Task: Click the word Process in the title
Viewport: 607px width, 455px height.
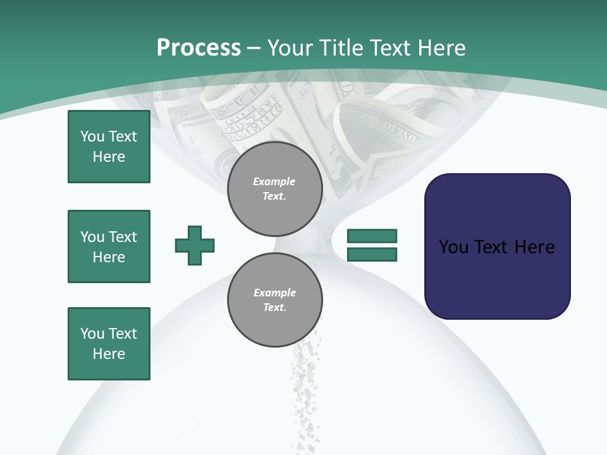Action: (199, 48)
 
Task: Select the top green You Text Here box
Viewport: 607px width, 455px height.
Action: (109, 147)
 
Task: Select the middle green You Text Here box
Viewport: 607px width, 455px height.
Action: (109, 246)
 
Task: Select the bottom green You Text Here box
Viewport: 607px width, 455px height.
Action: (109, 344)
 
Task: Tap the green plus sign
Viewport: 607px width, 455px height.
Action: (195, 245)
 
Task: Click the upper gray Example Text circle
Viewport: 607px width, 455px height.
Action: (274, 189)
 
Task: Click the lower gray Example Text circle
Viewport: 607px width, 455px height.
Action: (274, 300)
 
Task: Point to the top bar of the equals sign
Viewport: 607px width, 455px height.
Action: (372, 236)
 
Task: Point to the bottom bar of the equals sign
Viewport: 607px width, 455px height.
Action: (372, 254)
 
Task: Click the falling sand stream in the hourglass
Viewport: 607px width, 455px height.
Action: (305, 392)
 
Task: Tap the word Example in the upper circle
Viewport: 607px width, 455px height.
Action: (274, 181)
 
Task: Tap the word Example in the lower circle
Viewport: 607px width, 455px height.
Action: (274, 293)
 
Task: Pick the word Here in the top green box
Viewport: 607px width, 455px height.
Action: (109, 157)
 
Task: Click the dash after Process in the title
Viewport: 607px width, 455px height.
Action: (254, 48)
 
